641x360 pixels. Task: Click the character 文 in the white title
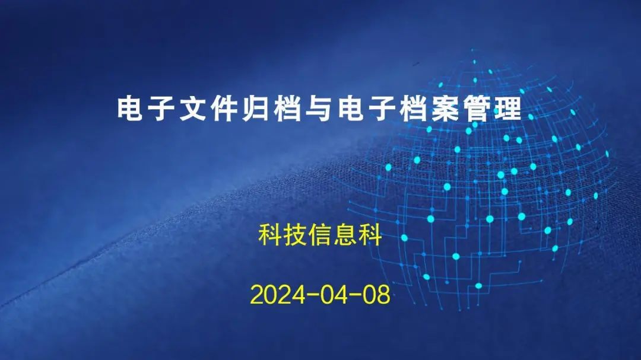193,109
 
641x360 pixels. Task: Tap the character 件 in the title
224,109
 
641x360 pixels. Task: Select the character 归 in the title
255,109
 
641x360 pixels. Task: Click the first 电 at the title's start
130,109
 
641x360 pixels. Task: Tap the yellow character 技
295,234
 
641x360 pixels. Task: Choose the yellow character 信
320,234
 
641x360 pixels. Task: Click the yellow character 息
345,234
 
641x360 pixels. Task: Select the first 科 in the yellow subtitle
270,234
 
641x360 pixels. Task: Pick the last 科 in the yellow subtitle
370,234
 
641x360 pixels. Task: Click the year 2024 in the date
278,295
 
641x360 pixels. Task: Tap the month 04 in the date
334,295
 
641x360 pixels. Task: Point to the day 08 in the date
376,295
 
